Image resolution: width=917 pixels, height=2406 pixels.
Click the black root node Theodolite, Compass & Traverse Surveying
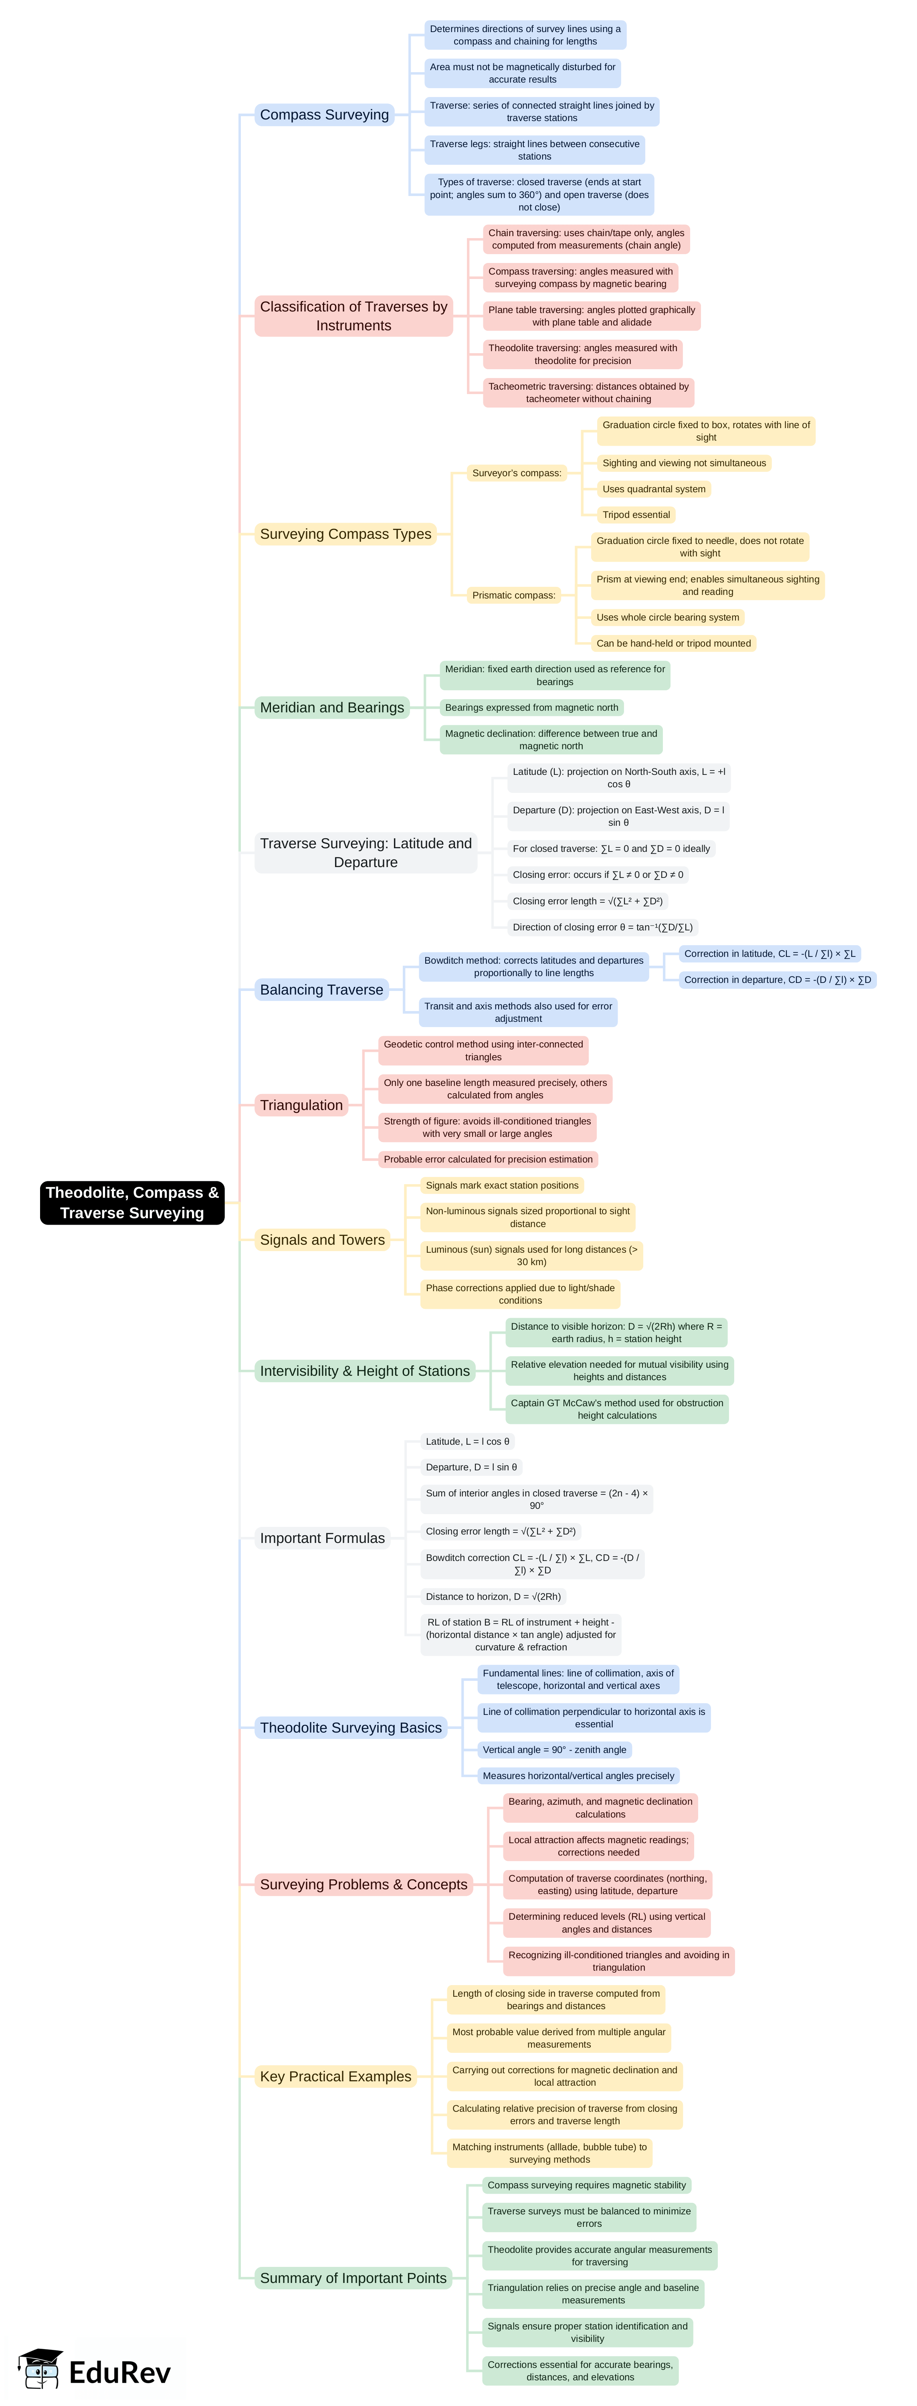pyautogui.click(x=132, y=1202)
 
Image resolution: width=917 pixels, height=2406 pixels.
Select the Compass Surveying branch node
pyautogui.click(x=324, y=115)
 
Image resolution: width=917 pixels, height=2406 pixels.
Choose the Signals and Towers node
pyautogui.click(x=322, y=1239)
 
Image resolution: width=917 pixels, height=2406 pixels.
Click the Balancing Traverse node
pyautogui.click(x=321, y=989)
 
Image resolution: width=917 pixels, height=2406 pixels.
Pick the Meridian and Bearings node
pyautogui.click(x=331, y=707)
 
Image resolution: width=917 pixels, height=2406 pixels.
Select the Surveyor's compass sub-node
pyautogui.click(x=516, y=473)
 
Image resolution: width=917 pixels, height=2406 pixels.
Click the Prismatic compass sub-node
pyautogui.click(x=513, y=595)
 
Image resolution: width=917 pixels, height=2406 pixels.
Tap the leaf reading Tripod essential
pyautogui.click(x=636, y=515)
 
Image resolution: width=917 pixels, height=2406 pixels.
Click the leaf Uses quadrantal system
pyautogui.click(x=654, y=489)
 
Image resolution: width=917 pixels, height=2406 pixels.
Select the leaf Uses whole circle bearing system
pyautogui.click(x=668, y=617)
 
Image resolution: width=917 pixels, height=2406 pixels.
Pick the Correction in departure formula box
pyautogui.click(x=777, y=980)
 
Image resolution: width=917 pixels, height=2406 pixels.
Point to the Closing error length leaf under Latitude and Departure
pyautogui.click(x=588, y=901)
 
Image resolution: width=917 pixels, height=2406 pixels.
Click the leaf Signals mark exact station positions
pyautogui.click(x=501, y=1185)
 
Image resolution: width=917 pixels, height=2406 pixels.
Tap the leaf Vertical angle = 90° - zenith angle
pyautogui.click(x=554, y=1749)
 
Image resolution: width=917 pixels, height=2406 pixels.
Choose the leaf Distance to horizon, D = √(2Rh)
pyautogui.click(x=493, y=1596)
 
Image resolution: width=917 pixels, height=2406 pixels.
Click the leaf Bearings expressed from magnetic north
pyautogui.click(x=531, y=707)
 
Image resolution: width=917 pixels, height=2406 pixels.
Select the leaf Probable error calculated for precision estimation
pyautogui.click(x=487, y=1159)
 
